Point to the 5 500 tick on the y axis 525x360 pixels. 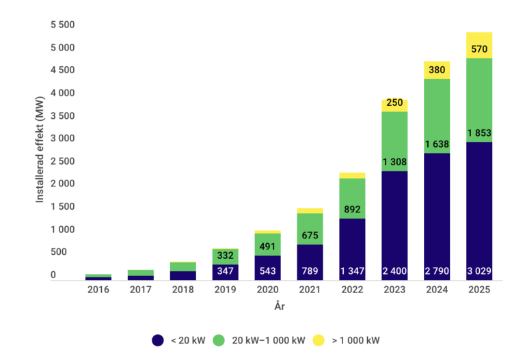click(62, 25)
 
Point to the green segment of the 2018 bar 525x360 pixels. click(183, 266)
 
